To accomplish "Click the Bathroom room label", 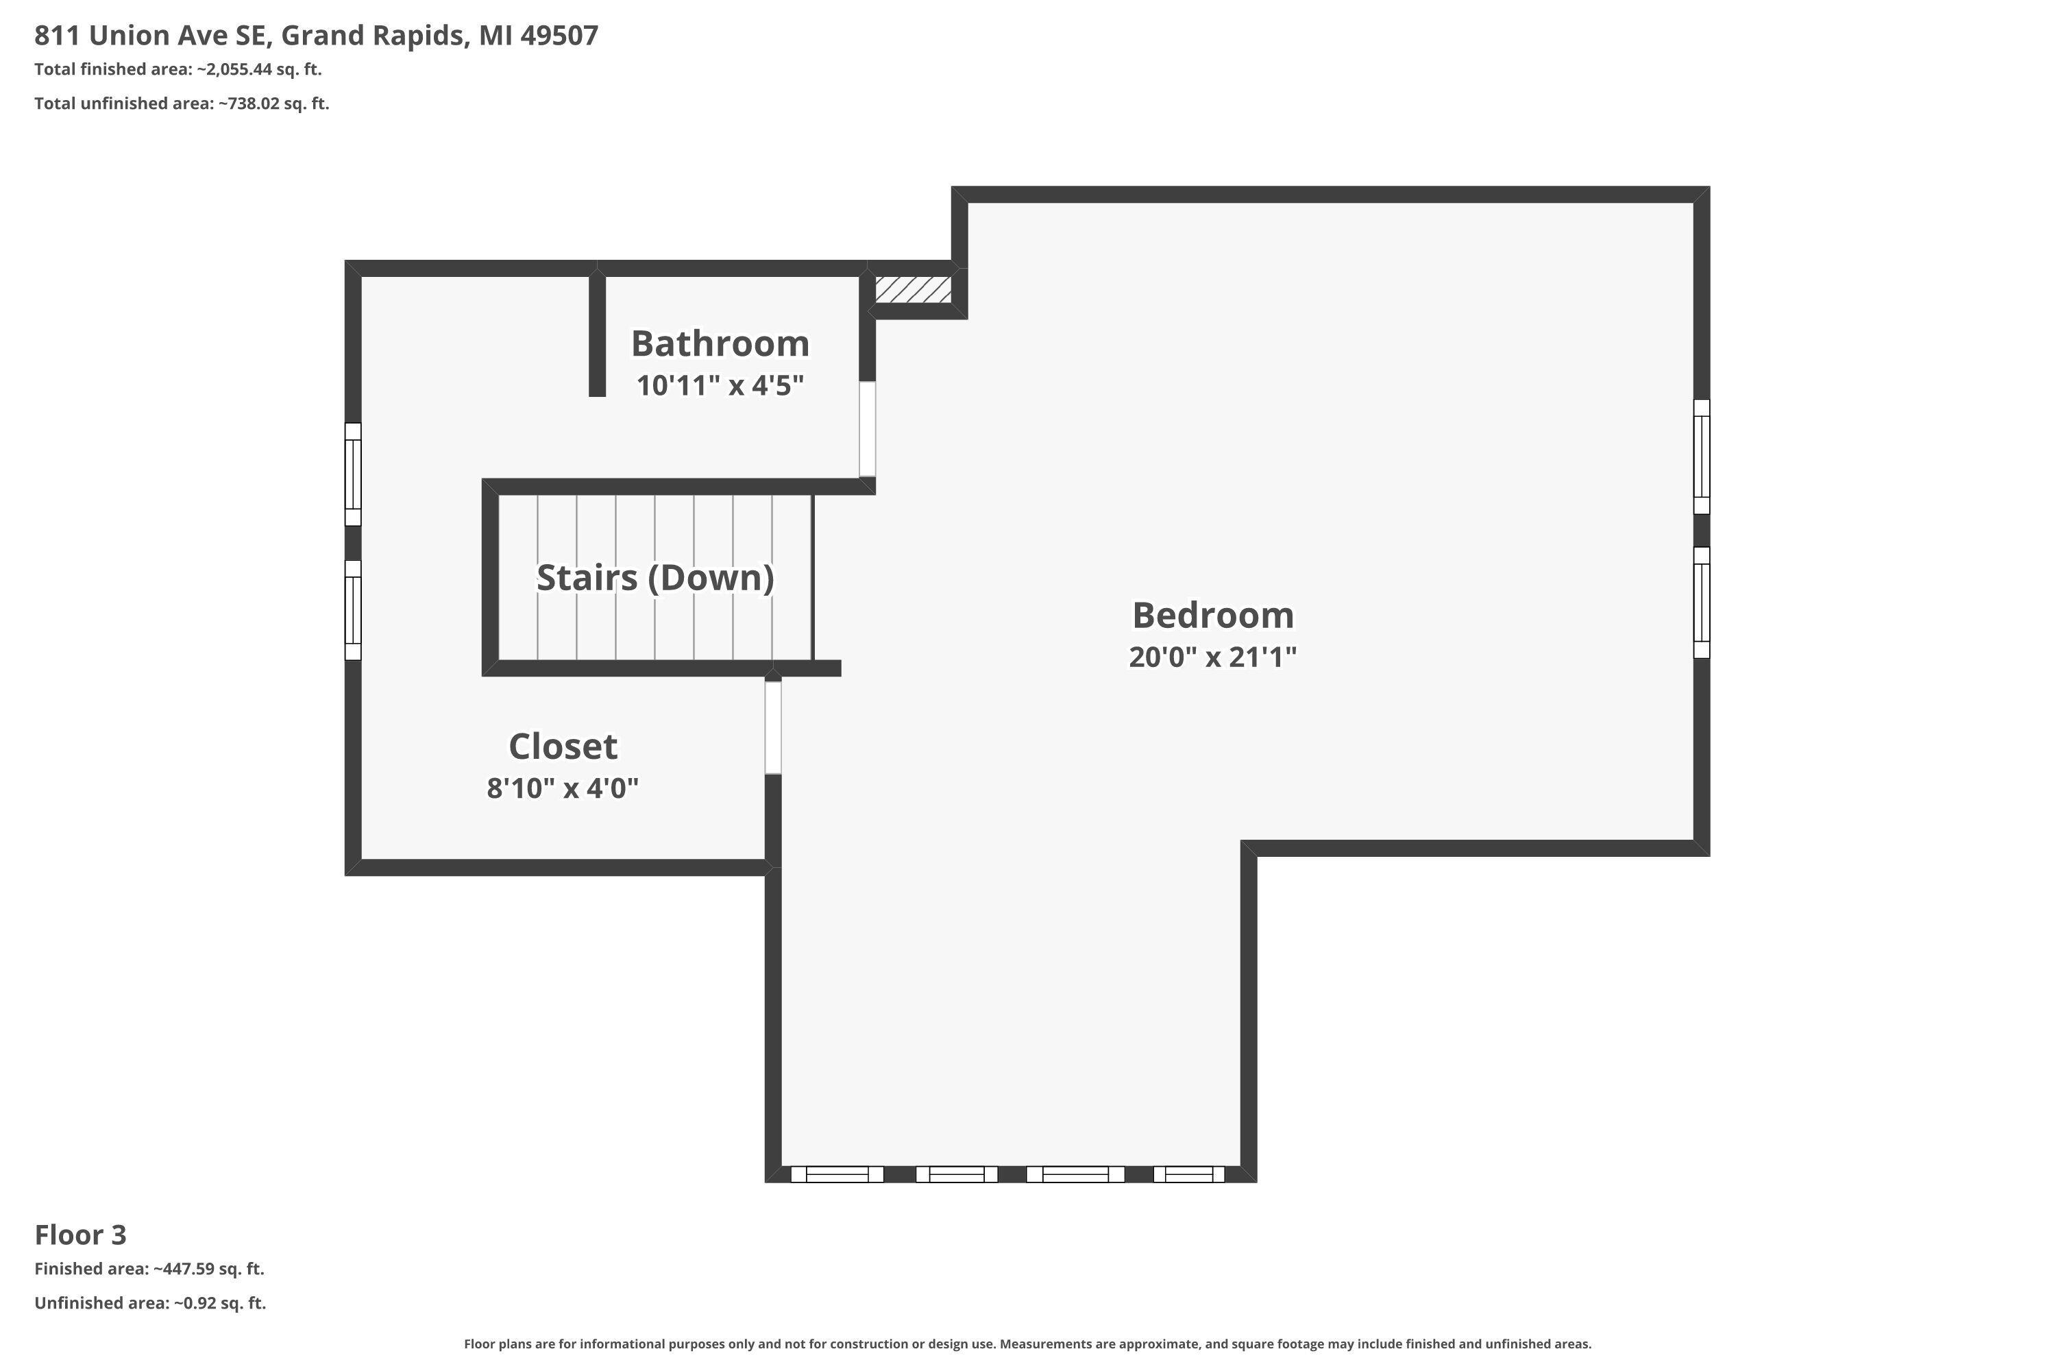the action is coord(720,343).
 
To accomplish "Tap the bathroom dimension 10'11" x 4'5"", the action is coord(720,385).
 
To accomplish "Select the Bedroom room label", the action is coord(1212,616).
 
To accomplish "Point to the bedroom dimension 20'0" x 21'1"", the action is coord(1212,657).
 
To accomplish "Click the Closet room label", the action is coord(563,747).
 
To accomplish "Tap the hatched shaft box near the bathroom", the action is coord(913,289).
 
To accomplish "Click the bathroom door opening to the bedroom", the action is coord(867,428).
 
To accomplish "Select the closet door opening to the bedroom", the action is coord(773,727).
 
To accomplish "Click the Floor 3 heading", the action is coord(80,1235).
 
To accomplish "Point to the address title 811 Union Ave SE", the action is coord(149,35).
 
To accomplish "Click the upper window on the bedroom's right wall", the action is coord(1701,457).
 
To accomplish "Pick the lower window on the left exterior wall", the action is coord(352,609).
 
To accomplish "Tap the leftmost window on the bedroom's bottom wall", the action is coord(837,1174).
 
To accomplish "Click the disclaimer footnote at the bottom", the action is coord(1028,1344).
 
